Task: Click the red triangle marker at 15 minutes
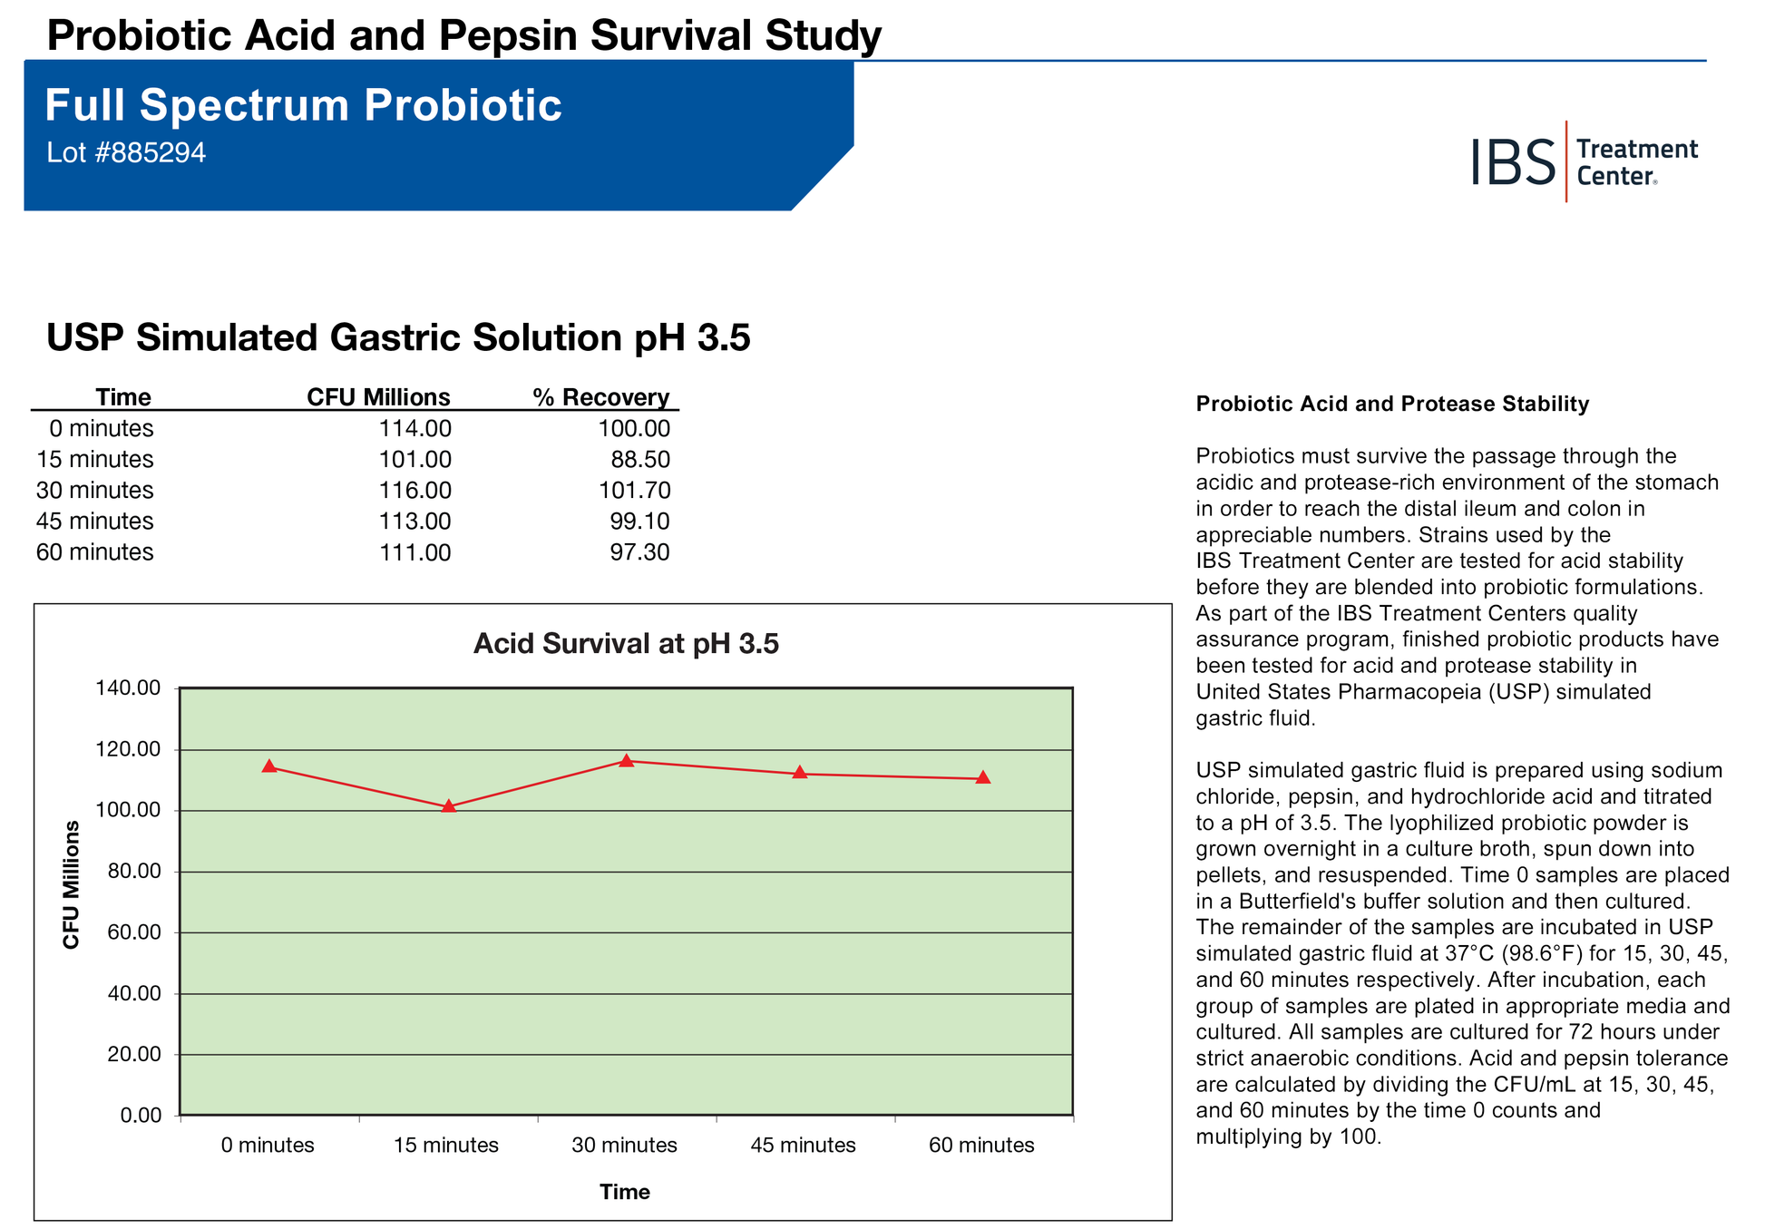coord(448,805)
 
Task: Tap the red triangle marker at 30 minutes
coord(627,760)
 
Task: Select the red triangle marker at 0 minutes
coord(269,766)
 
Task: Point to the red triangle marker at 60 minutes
coord(983,777)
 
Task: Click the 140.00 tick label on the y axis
coord(128,688)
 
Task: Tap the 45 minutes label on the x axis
coord(803,1146)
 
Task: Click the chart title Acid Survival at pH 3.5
coord(626,644)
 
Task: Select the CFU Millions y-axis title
coord(72,884)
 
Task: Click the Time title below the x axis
coord(625,1192)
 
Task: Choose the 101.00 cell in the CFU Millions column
coord(414,460)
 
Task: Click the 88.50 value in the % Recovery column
coord(640,460)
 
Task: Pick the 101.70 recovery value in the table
coord(634,491)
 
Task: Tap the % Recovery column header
coord(601,397)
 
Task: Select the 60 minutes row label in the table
coord(95,552)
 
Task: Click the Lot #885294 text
coord(126,153)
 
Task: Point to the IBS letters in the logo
coord(1513,162)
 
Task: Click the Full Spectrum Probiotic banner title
coord(303,105)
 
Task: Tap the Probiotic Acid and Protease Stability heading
coord(1392,405)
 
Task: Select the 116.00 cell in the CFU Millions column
coord(414,491)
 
